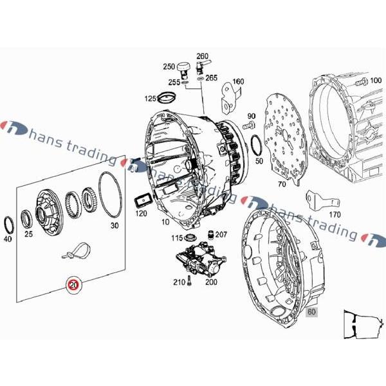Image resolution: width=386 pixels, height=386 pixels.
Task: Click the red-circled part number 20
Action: [x=74, y=285]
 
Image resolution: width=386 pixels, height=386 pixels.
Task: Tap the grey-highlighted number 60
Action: [x=311, y=311]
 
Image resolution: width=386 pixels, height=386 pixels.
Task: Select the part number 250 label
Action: [x=169, y=66]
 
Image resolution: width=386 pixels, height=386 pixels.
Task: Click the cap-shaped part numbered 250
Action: [x=183, y=69]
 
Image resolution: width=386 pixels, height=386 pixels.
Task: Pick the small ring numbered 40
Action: [x=8, y=225]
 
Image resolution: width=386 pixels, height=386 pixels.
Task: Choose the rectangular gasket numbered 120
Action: [x=143, y=201]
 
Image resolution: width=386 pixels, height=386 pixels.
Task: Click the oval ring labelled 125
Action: [x=167, y=98]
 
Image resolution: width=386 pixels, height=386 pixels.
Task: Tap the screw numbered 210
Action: [x=189, y=280]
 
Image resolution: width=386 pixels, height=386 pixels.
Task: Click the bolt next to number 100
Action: [x=361, y=81]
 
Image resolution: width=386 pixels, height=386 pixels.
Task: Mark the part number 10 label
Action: [x=165, y=222]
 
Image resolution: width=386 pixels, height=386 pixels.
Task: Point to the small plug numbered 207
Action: [x=211, y=235]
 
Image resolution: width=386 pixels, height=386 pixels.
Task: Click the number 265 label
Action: [x=212, y=78]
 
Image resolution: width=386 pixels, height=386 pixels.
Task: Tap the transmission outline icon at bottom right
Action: [x=364, y=324]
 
